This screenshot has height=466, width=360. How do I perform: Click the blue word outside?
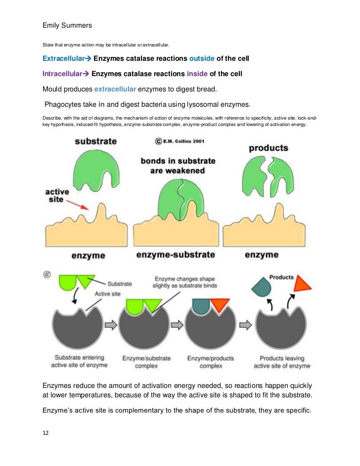point(202,59)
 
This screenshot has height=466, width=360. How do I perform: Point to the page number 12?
point(45,432)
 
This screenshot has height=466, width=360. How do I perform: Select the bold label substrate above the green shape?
point(96,141)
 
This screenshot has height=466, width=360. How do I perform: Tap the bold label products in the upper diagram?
point(269,148)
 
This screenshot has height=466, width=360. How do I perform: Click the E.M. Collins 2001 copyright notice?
point(180,141)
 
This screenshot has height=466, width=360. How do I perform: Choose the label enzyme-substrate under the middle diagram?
point(176,255)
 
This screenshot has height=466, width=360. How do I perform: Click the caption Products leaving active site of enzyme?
point(282,362)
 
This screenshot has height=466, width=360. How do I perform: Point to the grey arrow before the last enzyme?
point(243,325)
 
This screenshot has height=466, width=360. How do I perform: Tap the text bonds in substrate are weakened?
point(178,166)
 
